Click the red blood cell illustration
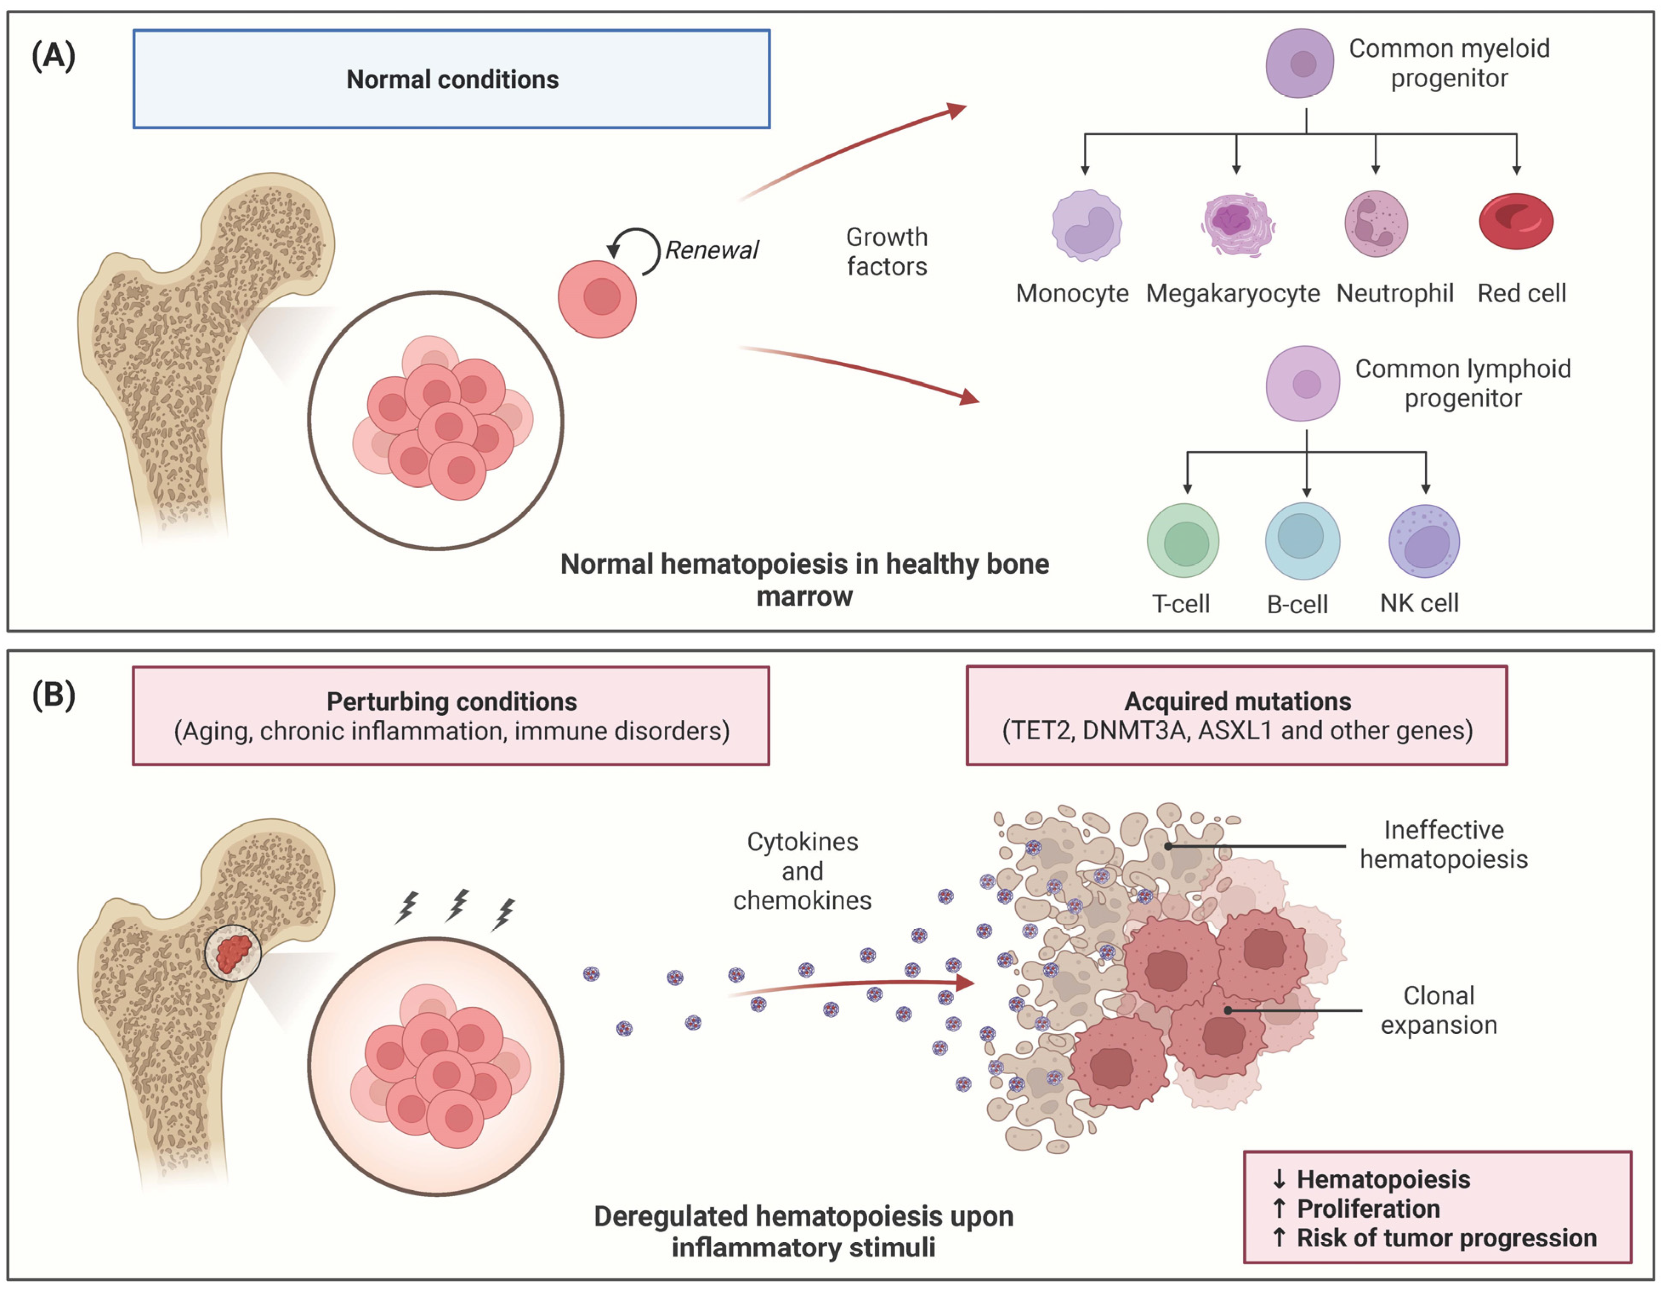point(1515,222)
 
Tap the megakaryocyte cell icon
point(1236,224)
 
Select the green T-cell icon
point(1182,541)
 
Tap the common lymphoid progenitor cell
point(1302,383)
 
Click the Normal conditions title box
point(452,79)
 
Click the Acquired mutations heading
point(1237,700)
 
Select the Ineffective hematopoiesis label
point(1443,844)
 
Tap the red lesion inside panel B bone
point(233,953)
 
